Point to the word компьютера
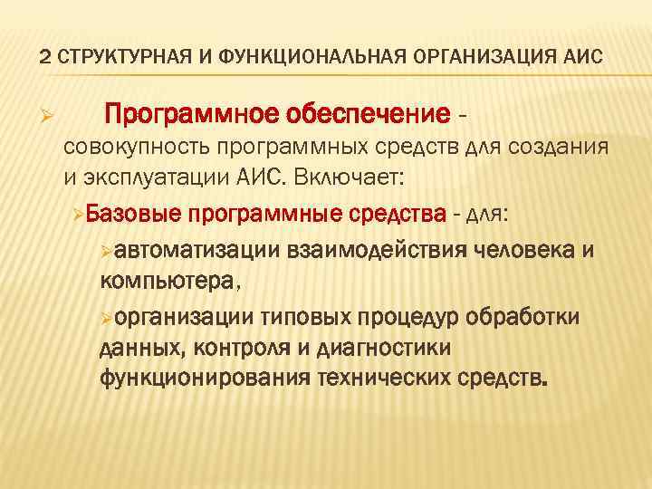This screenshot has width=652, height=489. (169, 280)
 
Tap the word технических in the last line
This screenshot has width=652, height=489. (389, 377)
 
